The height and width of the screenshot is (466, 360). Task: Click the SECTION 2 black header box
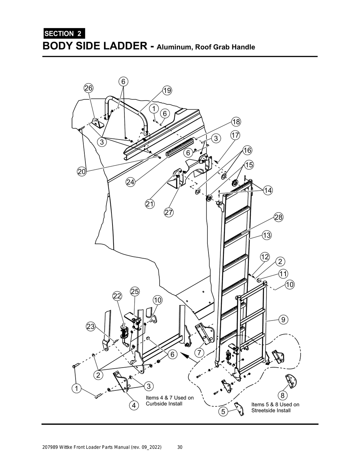tap(64, 34)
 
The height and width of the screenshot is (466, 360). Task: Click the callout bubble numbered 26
tap(88, 88)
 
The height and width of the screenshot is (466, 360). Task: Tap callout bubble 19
tap(167, 91)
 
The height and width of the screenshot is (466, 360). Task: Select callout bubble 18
tap(236, 122)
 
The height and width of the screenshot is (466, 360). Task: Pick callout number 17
tap(235, 135)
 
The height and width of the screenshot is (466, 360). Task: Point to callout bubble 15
tap(249, 164)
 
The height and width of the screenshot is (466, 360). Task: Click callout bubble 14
tap(268, 190)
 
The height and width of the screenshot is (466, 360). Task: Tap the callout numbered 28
tap(278, 217)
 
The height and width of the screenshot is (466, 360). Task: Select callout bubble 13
tap(266, 235)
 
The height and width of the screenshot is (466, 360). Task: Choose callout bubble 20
tap(82, 171)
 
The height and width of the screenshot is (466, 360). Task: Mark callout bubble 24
tap(130, 182)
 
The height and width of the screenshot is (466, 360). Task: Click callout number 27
tap(168, 212)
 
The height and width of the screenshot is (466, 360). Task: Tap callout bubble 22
tap(117, 296)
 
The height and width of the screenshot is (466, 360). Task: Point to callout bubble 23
tap(91, 326)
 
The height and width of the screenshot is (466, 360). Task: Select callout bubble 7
tap(199, 352)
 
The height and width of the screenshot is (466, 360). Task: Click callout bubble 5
tap(223, 411)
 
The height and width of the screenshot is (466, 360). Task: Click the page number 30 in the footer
tap(180, 447)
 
